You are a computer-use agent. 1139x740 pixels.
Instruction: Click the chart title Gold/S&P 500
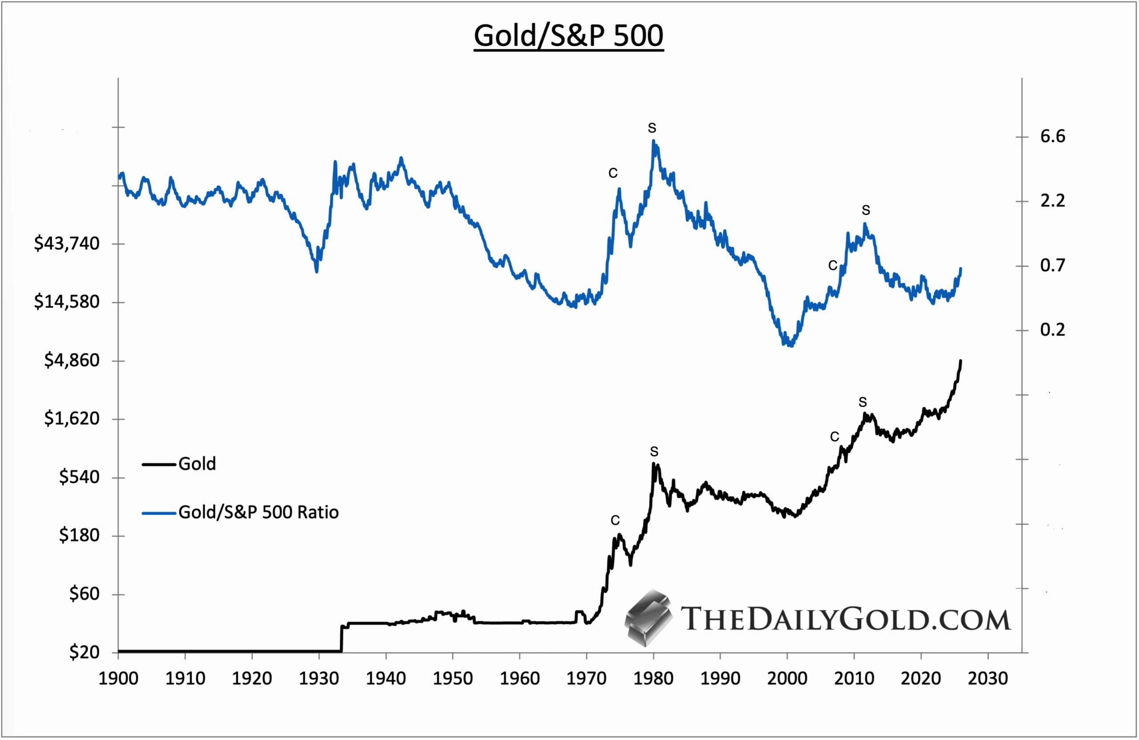tap(569, 36)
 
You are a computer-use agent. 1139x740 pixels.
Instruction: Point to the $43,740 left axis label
tap(67, 243)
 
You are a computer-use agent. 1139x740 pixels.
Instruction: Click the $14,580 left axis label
tap(67, 302)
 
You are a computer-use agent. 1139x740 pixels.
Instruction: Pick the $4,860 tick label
tap(72, 360)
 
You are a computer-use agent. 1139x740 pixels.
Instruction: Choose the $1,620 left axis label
tap(72, 418)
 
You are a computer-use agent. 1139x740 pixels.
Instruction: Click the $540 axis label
tap(79, 477)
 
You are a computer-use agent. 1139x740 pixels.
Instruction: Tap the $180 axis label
tap(79, 535)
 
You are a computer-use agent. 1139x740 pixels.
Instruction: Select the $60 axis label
tap(84, 594)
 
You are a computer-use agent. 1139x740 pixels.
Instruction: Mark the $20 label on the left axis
tap(84, 652)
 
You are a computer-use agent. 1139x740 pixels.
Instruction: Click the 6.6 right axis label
tap(1052, 137)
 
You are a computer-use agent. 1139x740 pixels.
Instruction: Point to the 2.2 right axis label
tap(1052, 201)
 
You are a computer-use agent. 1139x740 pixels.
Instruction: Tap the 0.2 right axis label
tap(1052, 330)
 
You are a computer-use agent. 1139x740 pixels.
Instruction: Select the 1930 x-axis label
tap(319, 678)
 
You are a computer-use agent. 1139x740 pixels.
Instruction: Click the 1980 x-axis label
tap(653, 678)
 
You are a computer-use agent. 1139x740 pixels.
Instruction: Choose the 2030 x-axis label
tap(987, 678)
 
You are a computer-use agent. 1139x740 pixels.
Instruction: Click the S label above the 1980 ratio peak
tap(652, 128)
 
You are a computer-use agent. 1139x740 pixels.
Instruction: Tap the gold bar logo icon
tap(648, 617)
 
